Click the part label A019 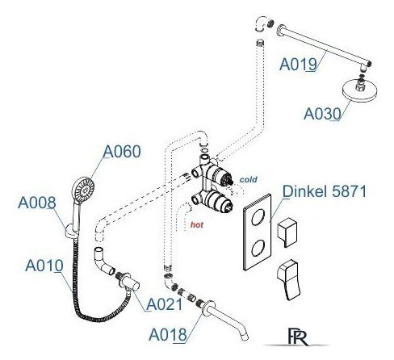click(x=298, y=65)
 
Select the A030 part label click(x=322, y=114)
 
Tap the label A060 click(x=122, y=152)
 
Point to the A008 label click(x=37, y=203)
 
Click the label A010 click(x=44, y=266)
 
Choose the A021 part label click(x=165, y=304)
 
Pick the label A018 click(x=168, y=334)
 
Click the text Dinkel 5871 click(x=325, y=191)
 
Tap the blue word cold click(x=248, y=179)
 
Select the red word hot click(x=197, y=224)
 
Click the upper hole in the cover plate click(x=258, y=217)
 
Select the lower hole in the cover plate click(x=258, y=248)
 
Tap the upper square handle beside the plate click(x=287, y=232)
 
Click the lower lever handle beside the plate click(x=288, y=279)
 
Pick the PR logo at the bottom click(x=298, y=337)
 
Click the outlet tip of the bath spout click(x=245, y=337)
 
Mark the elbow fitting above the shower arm click(x=261, y=23)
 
